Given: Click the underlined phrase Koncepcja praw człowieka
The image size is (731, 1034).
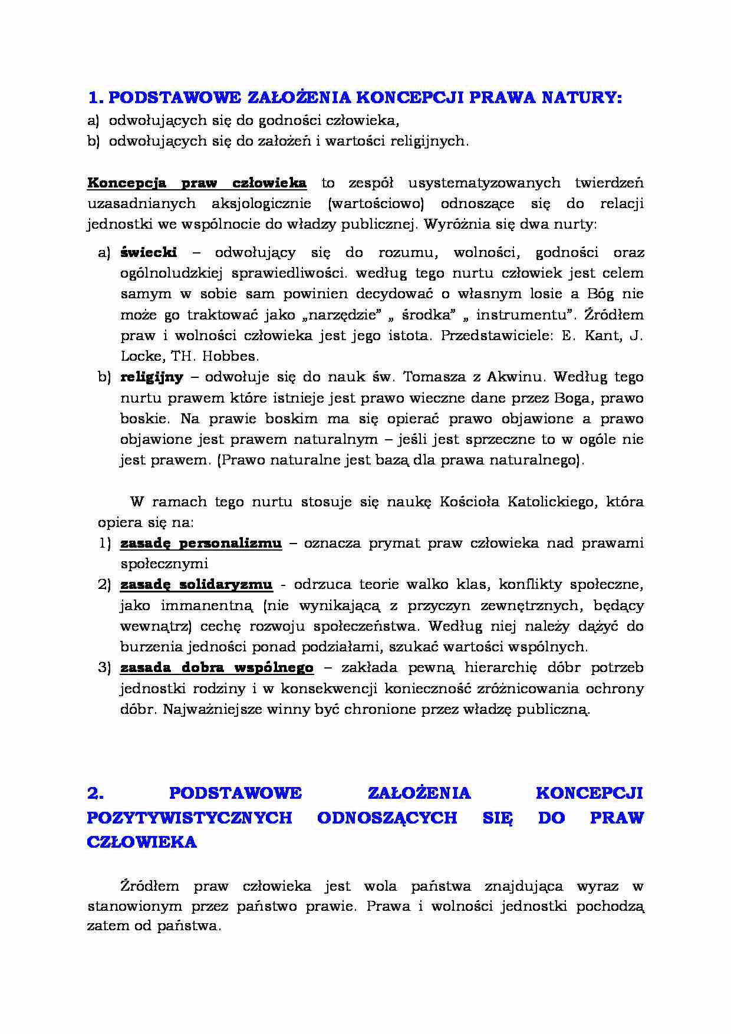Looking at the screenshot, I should [x=196, y=182].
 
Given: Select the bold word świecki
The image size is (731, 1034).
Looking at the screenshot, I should [x=149, y=252].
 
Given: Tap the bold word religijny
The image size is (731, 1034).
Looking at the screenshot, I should [x=152, y=377].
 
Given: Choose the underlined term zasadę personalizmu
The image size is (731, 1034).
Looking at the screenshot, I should [x=201, y=543].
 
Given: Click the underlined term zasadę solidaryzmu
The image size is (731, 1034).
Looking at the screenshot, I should [x=196, y=584].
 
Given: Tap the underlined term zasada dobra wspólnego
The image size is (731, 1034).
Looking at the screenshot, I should [x=217, y=667].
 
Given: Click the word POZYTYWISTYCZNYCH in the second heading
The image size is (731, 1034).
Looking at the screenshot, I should [x=189, y=818].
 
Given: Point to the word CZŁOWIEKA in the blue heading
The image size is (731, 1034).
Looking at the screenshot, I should [x=141, y=842].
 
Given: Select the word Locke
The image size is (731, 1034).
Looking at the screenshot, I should [x=140, y=356].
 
